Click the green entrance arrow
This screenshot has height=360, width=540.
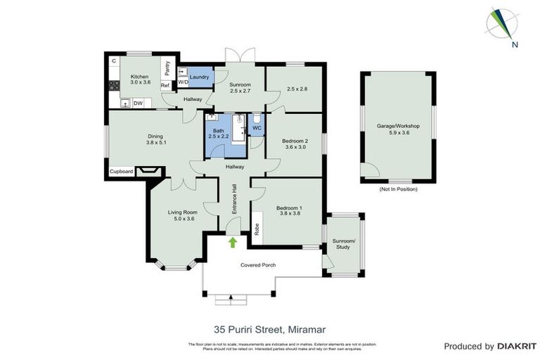pos(233,243)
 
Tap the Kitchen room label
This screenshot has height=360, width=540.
pos(139,78)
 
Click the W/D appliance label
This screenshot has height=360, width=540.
pos(183,82)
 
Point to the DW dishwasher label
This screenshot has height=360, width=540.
pos(139,103)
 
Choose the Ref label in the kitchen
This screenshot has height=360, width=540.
pos(165,86)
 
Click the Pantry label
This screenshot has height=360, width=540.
pos(167,67)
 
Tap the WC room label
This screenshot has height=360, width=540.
pos(257,129)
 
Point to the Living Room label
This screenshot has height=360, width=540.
pos(181,215)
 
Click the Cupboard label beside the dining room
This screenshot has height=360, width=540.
pos(120,171)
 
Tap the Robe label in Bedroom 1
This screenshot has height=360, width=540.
pos(257,229)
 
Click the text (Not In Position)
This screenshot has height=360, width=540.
pos(398,189)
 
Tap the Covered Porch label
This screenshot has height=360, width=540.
pos(258,265)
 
